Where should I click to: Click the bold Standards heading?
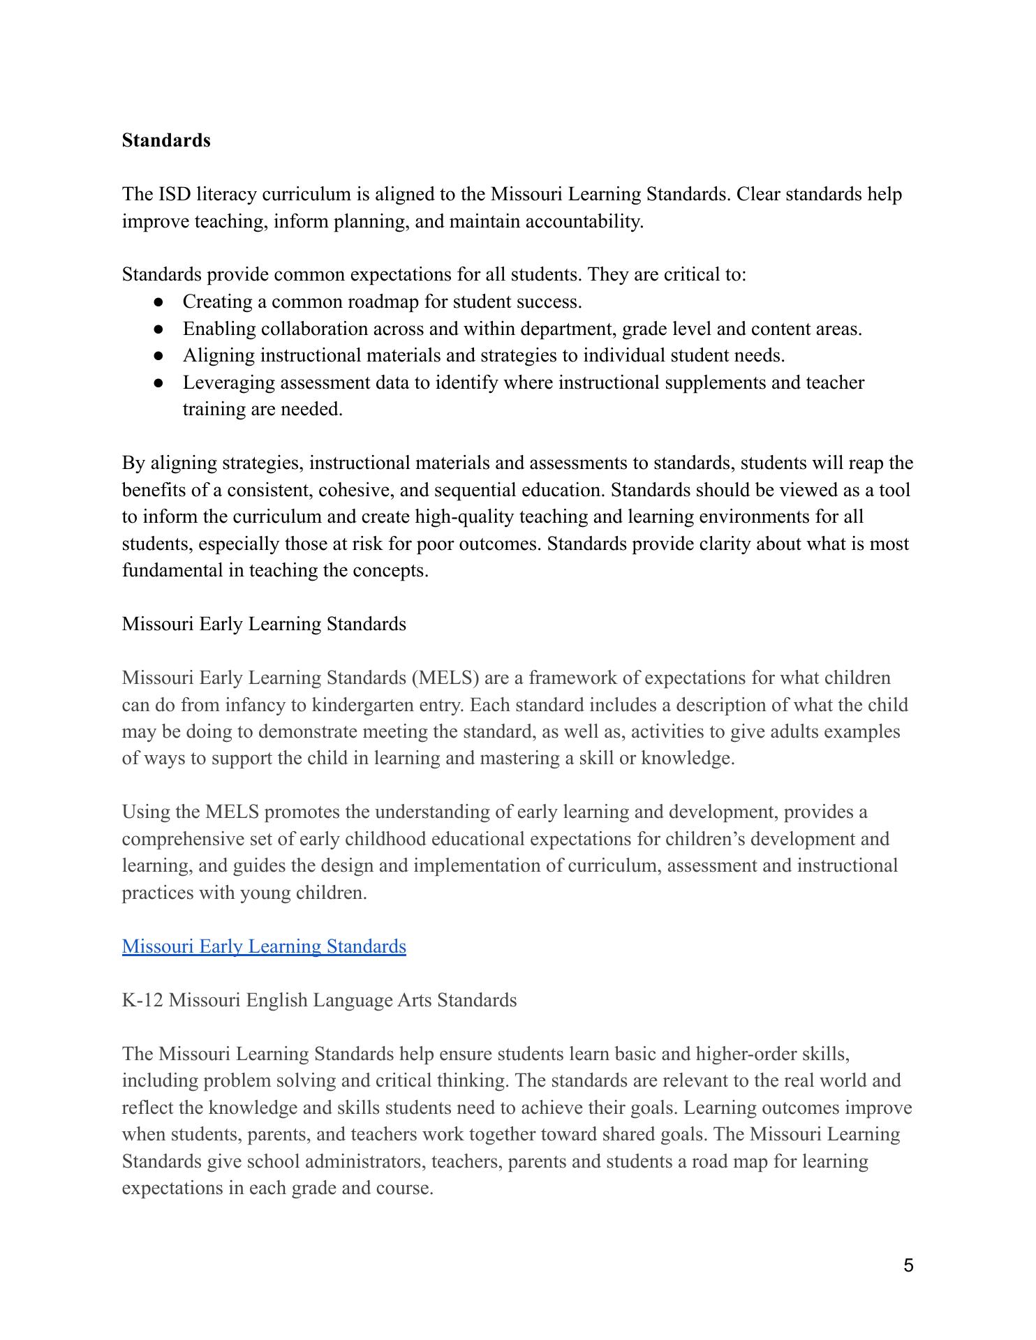[166, 140]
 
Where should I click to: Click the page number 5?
[908, 1265]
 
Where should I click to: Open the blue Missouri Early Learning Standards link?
[264, 946]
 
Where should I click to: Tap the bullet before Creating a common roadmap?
[160, 302]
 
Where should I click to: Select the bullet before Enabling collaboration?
[160, 329]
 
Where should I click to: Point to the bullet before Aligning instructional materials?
[160, 356]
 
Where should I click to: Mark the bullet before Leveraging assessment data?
[160, 382]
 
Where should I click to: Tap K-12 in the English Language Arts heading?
[142, 1000]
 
